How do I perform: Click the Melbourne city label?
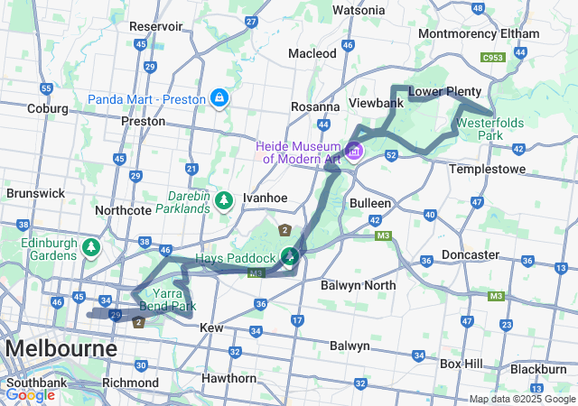coord(61,348)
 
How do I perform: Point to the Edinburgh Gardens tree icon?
coord(90,245)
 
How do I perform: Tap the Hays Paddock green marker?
coord(289,257)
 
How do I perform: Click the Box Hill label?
coord(462,364)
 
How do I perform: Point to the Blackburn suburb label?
coord(538,369)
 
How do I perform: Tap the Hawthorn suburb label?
coord(230,378)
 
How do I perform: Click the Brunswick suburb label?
coord(34,193)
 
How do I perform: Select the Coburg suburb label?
coord(48,108)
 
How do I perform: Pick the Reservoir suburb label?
coord(156,27)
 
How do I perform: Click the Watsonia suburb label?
coord(359,10)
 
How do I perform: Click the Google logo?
coord(30,395)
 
